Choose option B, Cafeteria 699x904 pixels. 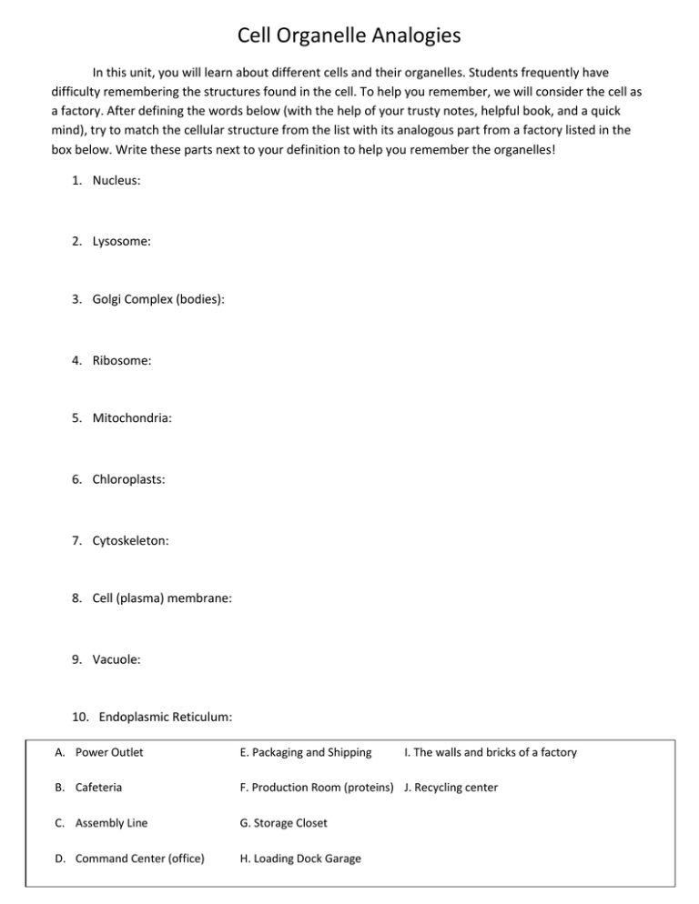[91, 788]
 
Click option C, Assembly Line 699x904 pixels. [102, 823]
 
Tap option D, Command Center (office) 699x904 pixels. [127, 859]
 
